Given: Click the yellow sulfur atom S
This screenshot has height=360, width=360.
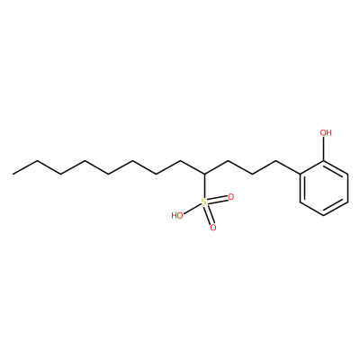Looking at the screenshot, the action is pyautogui.click(x=204, y=202).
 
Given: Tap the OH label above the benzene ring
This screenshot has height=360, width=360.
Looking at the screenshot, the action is pyautogui.click(x=326, y=132).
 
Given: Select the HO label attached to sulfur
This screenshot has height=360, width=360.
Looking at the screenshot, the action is pyautogui.click(x=177, y=215).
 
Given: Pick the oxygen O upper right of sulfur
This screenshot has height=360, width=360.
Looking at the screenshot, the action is pyautogui.click(x=230, y=197).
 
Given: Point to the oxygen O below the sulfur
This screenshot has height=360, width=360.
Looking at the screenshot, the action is pyautogui.click(x=213, y=228).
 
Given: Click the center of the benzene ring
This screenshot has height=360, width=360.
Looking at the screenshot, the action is pyautogui.click(x=324, y=188).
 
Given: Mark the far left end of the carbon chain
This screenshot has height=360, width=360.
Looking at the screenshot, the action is pyautogui.click(x=13, y=174).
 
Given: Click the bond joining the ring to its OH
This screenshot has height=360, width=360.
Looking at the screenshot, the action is pyautogui.click(x=324, y=148).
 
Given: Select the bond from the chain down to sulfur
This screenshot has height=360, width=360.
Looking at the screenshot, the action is pyautogui.click(x=204, y=186).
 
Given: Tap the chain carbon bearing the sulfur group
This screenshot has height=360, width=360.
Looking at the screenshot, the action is pyautogui.click(x=204, y=174).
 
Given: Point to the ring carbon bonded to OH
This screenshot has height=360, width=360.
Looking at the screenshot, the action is pyautogui.click(x=324, y=160).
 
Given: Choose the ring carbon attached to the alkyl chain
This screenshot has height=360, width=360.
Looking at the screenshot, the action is pyautogui.click(x=301, y=174).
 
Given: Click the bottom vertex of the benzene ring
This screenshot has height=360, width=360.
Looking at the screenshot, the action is pyautogui.click(x=324, y=215).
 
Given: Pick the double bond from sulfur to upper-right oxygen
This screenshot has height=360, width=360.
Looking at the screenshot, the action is pyautogui.click(x=218, y=200).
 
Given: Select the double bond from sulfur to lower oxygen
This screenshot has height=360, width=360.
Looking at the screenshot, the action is pyautogui.click(x=209, y=215).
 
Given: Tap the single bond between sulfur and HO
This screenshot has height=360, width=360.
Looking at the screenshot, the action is pyautogui.click(x=192, y=209).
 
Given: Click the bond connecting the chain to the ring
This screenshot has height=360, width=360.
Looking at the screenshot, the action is pyautogui.click(x=288, y=167).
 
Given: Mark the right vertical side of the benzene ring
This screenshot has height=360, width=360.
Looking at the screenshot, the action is pyautogui.click(x=347, y=188).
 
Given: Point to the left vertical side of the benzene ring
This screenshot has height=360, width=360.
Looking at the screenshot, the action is pyautogui.click(x=301, y=188).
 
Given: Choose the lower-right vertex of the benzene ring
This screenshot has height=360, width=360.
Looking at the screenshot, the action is pyautogui.click(x=347, y=202).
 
